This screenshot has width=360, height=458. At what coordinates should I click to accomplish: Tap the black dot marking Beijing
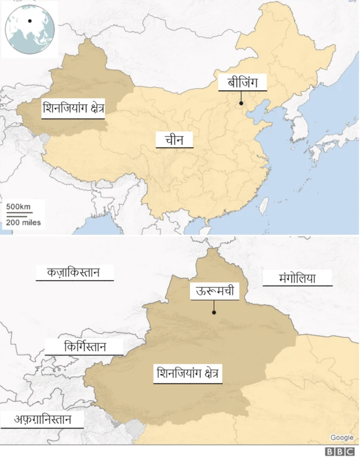(241, 103)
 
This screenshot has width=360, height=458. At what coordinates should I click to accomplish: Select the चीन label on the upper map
(175, 139)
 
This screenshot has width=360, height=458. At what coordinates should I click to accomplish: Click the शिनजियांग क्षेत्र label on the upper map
(74, 109)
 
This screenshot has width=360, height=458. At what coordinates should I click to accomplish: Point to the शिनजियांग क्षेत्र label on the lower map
(188, 373)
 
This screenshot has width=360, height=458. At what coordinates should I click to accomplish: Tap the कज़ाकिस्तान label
(74, 272)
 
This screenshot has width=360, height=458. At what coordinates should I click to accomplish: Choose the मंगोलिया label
(297, 277)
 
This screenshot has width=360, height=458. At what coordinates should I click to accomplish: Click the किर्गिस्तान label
(85, 347)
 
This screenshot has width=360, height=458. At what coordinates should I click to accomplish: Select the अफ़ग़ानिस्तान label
(42, 420)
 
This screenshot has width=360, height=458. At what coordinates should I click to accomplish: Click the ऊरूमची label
(215, 291)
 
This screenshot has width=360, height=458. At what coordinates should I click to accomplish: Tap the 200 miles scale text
(23, 222)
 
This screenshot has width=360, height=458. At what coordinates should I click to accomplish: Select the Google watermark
(341, 438)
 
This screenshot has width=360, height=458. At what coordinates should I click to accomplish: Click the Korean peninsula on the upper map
(298, 127)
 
